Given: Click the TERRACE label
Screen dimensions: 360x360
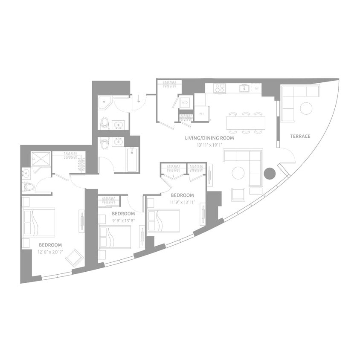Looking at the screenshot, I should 300,136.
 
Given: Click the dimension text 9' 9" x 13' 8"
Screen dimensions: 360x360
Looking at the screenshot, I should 123,220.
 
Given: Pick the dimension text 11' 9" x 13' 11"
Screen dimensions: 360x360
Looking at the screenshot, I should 182,202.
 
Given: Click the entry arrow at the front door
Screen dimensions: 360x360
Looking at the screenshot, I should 139,100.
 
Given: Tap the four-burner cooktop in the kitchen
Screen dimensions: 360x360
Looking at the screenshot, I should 220,88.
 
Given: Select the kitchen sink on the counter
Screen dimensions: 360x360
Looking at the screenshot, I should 244,88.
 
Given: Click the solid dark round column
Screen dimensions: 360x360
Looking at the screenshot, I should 269,173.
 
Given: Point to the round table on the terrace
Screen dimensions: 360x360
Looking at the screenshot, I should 306,108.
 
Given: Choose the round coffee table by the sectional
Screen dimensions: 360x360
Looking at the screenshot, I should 238,173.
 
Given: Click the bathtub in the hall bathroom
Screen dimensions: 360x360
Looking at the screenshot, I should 132,159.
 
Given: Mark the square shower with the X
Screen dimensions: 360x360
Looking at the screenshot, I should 41,159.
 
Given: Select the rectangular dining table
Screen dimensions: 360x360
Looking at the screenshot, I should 246,123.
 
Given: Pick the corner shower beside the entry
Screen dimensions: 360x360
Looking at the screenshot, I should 105,102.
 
